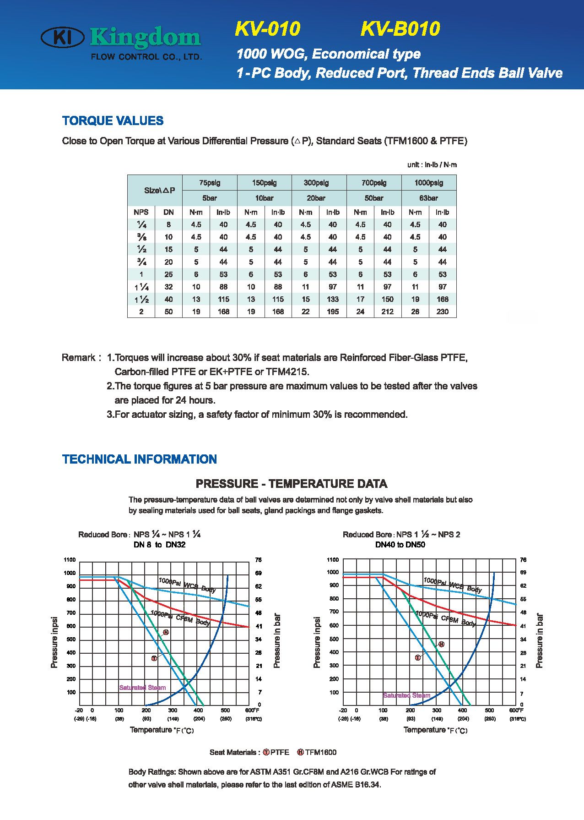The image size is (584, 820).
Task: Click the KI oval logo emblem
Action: [x=63, y=37]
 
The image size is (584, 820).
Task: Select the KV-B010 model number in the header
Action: [x=400, y=29]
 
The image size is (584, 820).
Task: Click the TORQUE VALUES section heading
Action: [x=113, y=121]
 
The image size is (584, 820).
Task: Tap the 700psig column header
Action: [x=374, y=183]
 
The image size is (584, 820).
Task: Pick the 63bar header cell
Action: [x=428, y=198]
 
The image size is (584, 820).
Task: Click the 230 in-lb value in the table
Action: [x=442, y=312]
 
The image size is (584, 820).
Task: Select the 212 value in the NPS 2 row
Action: [x=387, y=312]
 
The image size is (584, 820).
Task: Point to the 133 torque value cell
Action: [x=333, y=299]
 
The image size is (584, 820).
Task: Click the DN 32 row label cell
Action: [x=168, y=287]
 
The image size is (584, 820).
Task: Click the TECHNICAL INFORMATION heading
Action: [x=140, y=459]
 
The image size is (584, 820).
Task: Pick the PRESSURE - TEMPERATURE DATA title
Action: [x=292, y=484]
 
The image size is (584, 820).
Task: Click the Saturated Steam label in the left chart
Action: [x=142, y=688]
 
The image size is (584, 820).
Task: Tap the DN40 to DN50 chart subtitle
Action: [x=400, y=545]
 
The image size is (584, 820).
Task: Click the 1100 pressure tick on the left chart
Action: [x=70, y=560]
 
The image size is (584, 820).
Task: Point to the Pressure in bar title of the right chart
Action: [x=540, y=640]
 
